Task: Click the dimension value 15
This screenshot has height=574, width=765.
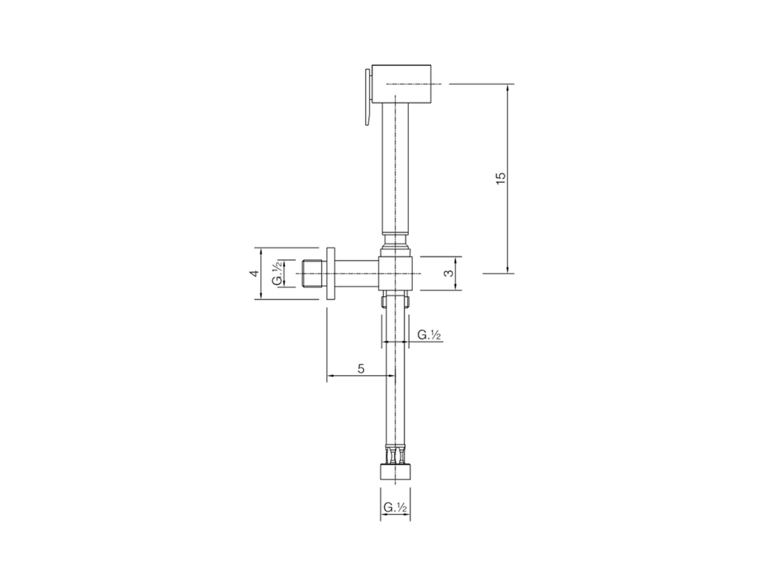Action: [x=501, y=178]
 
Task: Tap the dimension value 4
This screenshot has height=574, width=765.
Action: [x=254, y=273]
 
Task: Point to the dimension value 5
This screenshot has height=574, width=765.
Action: [x=360, y=368]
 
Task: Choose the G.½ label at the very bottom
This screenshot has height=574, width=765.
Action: [x=395, y=508]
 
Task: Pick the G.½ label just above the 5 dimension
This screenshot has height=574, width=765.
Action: [x=429, y=335]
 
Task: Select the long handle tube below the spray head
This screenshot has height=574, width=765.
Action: [x=396, y=167]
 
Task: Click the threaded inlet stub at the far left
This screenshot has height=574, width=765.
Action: [x=312, y=273]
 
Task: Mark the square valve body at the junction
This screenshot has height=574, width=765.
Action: [x=396, y=274]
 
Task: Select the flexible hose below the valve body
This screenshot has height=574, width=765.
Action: [x=396, y=383]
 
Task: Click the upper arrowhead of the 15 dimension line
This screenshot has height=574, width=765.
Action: [x=507, y=88]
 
